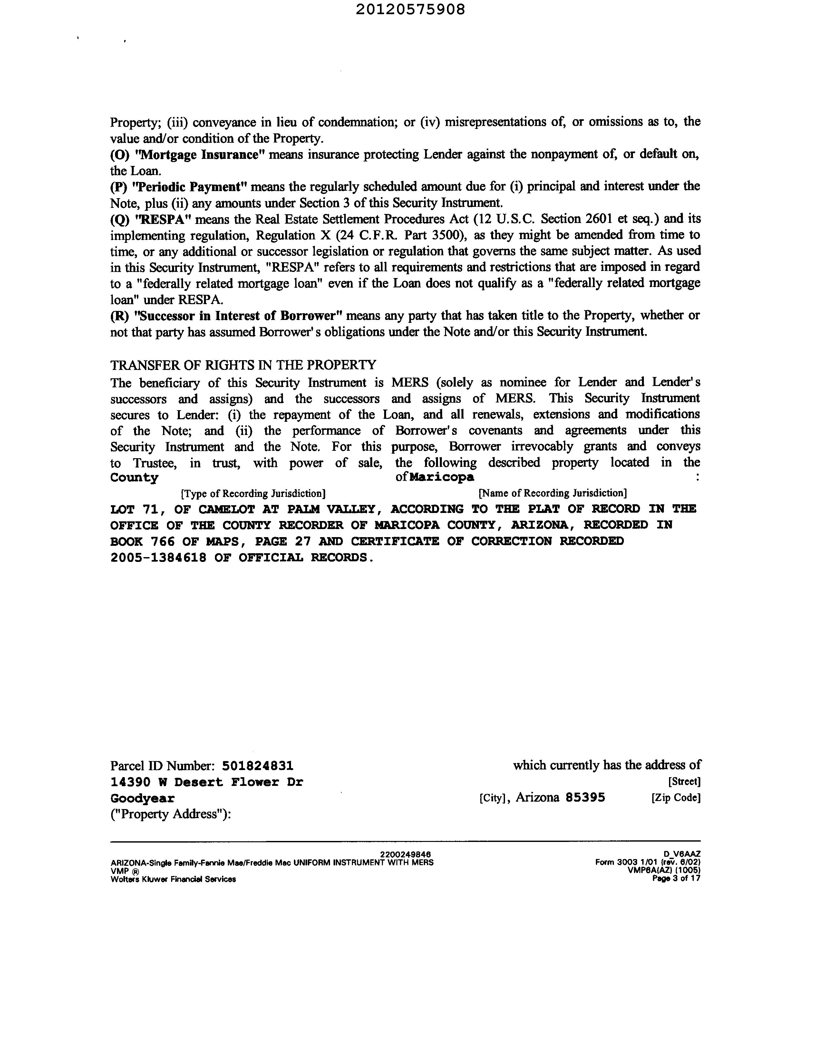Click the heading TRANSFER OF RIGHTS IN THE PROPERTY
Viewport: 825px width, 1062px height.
pyautogui.click(x=243, y=365)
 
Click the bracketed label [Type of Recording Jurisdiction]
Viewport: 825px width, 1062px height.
pyautogui.click(x=253, y=494)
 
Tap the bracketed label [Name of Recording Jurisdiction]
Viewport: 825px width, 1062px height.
pyautogui.click(x=553, y=493)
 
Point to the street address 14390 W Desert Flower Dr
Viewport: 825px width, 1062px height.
pyautogui.click(x=207, y=782)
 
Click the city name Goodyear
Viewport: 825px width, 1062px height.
pyautogui.click(x=142, y=798)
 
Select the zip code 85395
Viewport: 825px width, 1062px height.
pyautogui.click(x=585, y=797)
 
